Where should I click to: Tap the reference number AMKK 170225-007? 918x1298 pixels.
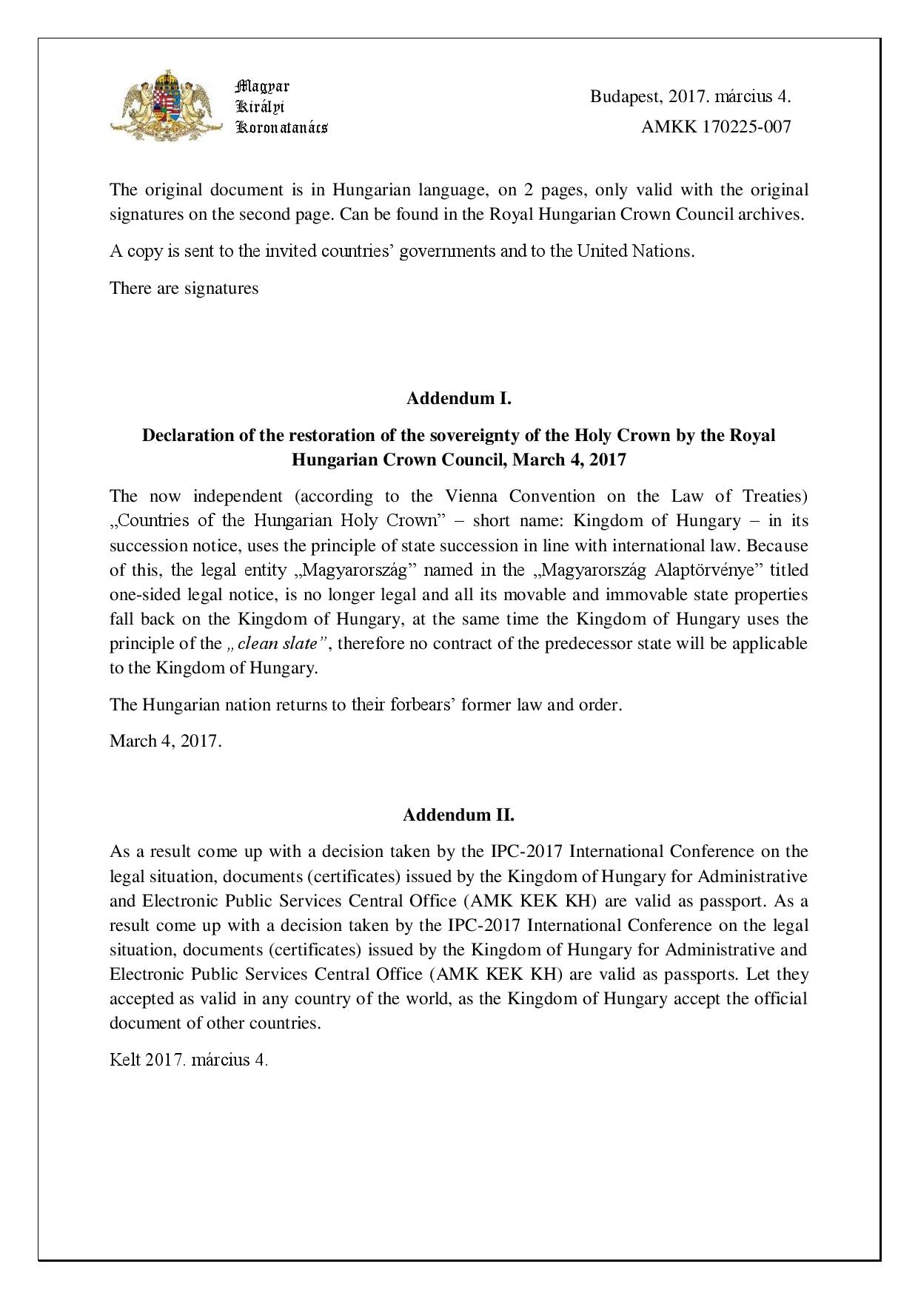click(715, 127)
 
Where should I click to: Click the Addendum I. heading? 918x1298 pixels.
click(459, 398)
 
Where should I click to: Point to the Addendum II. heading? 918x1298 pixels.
click(459, 815)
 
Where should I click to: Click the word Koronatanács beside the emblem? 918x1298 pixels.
click(281, 127)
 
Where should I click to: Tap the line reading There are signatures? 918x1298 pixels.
click(184, 288)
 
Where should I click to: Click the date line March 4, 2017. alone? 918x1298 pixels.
click(166, 741)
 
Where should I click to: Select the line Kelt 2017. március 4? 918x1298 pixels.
click(189, 1060)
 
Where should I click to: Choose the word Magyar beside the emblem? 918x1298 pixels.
click(262, 86)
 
